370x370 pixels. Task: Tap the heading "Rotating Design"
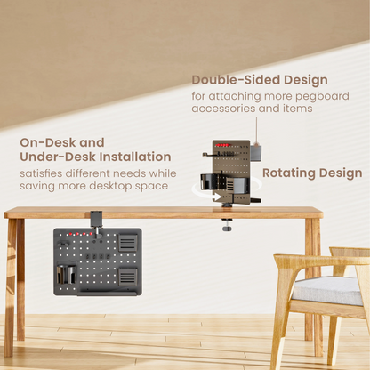coord(311,173)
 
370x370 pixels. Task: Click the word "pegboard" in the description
coord(323,95)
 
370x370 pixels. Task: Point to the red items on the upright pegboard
coord(222,145)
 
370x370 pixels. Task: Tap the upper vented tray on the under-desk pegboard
coord(128,242)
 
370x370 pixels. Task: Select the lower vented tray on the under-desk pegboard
coord(128,277)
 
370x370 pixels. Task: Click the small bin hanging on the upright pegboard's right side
coord(255,152)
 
